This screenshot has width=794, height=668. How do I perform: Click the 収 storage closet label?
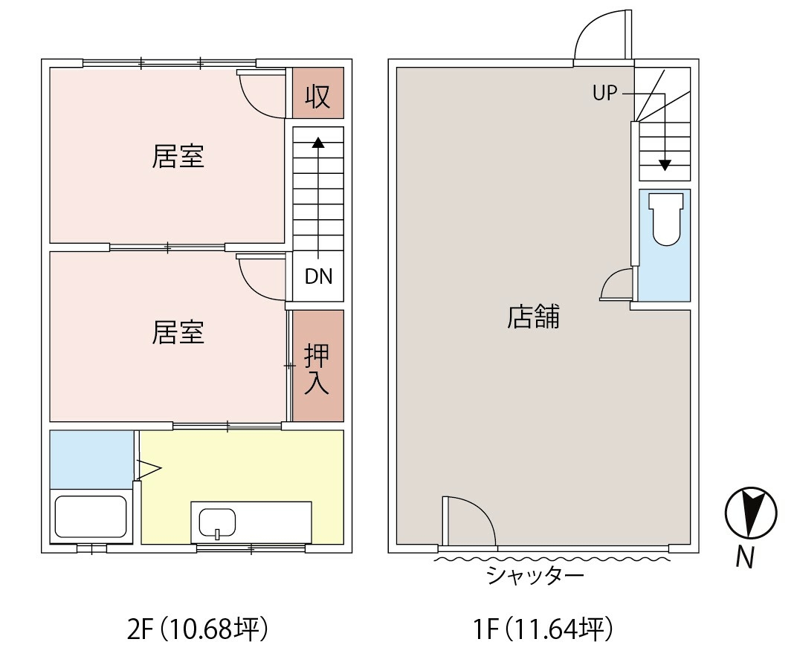[317, 96]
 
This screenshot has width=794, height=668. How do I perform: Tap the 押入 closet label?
[317, 369]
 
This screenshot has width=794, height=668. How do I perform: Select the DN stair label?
[318, 276]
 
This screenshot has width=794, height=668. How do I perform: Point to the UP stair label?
[605, 93]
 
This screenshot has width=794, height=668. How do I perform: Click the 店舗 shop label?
[533, 317]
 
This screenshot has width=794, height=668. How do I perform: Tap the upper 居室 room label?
[178, 156]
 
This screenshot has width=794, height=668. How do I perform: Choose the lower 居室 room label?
[178, 332]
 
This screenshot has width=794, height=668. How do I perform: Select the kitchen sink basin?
[217, 523]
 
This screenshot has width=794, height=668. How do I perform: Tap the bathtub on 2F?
[91, 516]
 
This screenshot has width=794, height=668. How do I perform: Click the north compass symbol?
[750, 513]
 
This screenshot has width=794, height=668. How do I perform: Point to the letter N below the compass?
[745, 558]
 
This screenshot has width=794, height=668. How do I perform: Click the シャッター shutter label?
[535, 575]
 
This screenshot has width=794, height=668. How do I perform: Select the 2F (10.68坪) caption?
[198, 629]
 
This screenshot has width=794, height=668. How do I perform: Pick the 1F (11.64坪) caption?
[543, 629]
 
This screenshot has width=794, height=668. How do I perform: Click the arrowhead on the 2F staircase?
[318, 142]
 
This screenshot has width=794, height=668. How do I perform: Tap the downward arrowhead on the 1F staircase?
[665, 165]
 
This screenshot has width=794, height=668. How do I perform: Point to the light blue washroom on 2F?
[91, 459]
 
